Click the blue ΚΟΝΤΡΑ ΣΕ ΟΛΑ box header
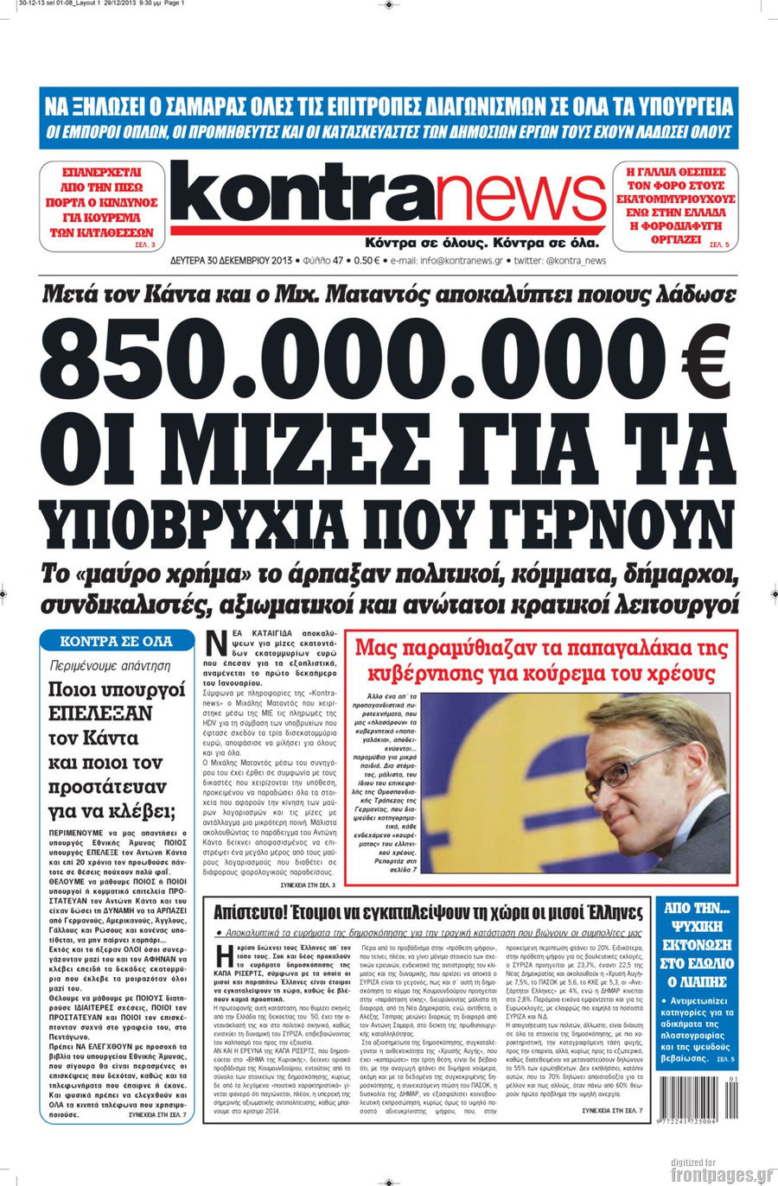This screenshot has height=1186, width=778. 116,642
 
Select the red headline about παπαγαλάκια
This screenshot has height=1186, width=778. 542,661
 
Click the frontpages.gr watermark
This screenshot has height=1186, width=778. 721,1174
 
